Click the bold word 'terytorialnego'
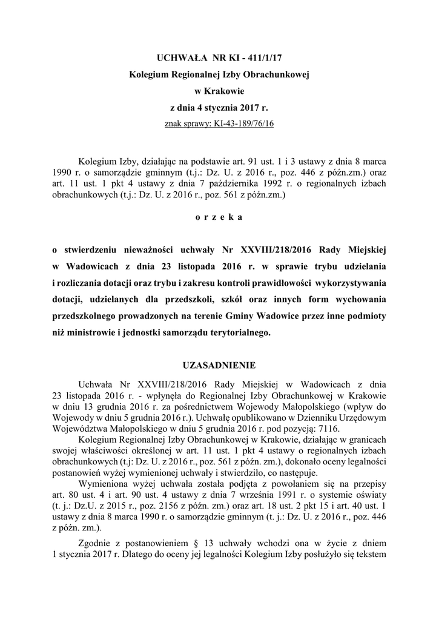[x=241, y=333]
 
